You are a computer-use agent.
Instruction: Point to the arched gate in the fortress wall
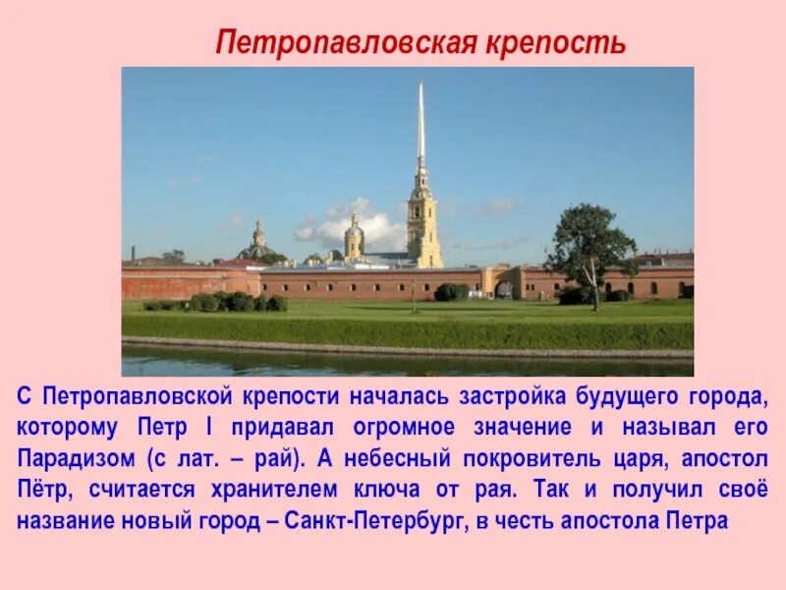[503, 288]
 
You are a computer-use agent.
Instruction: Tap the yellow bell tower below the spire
[423, 226]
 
